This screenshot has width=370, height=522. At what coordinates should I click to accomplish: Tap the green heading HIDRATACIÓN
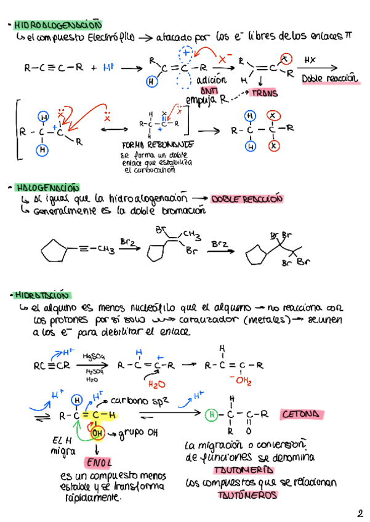[44, 295]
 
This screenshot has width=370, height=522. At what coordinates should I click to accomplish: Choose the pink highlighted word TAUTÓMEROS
[246, 493]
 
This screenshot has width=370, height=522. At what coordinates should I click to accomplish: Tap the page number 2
[359, 512]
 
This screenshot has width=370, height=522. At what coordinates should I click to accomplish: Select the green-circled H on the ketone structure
[211, 414]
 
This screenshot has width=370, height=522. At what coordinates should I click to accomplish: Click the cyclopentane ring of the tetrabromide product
[255, 254]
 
